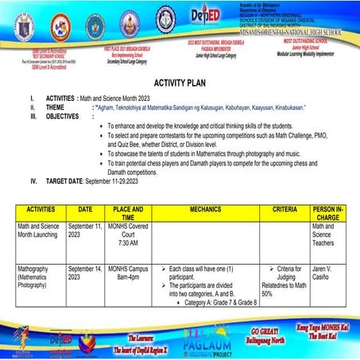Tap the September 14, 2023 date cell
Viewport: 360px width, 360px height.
[x=85, y=274]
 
